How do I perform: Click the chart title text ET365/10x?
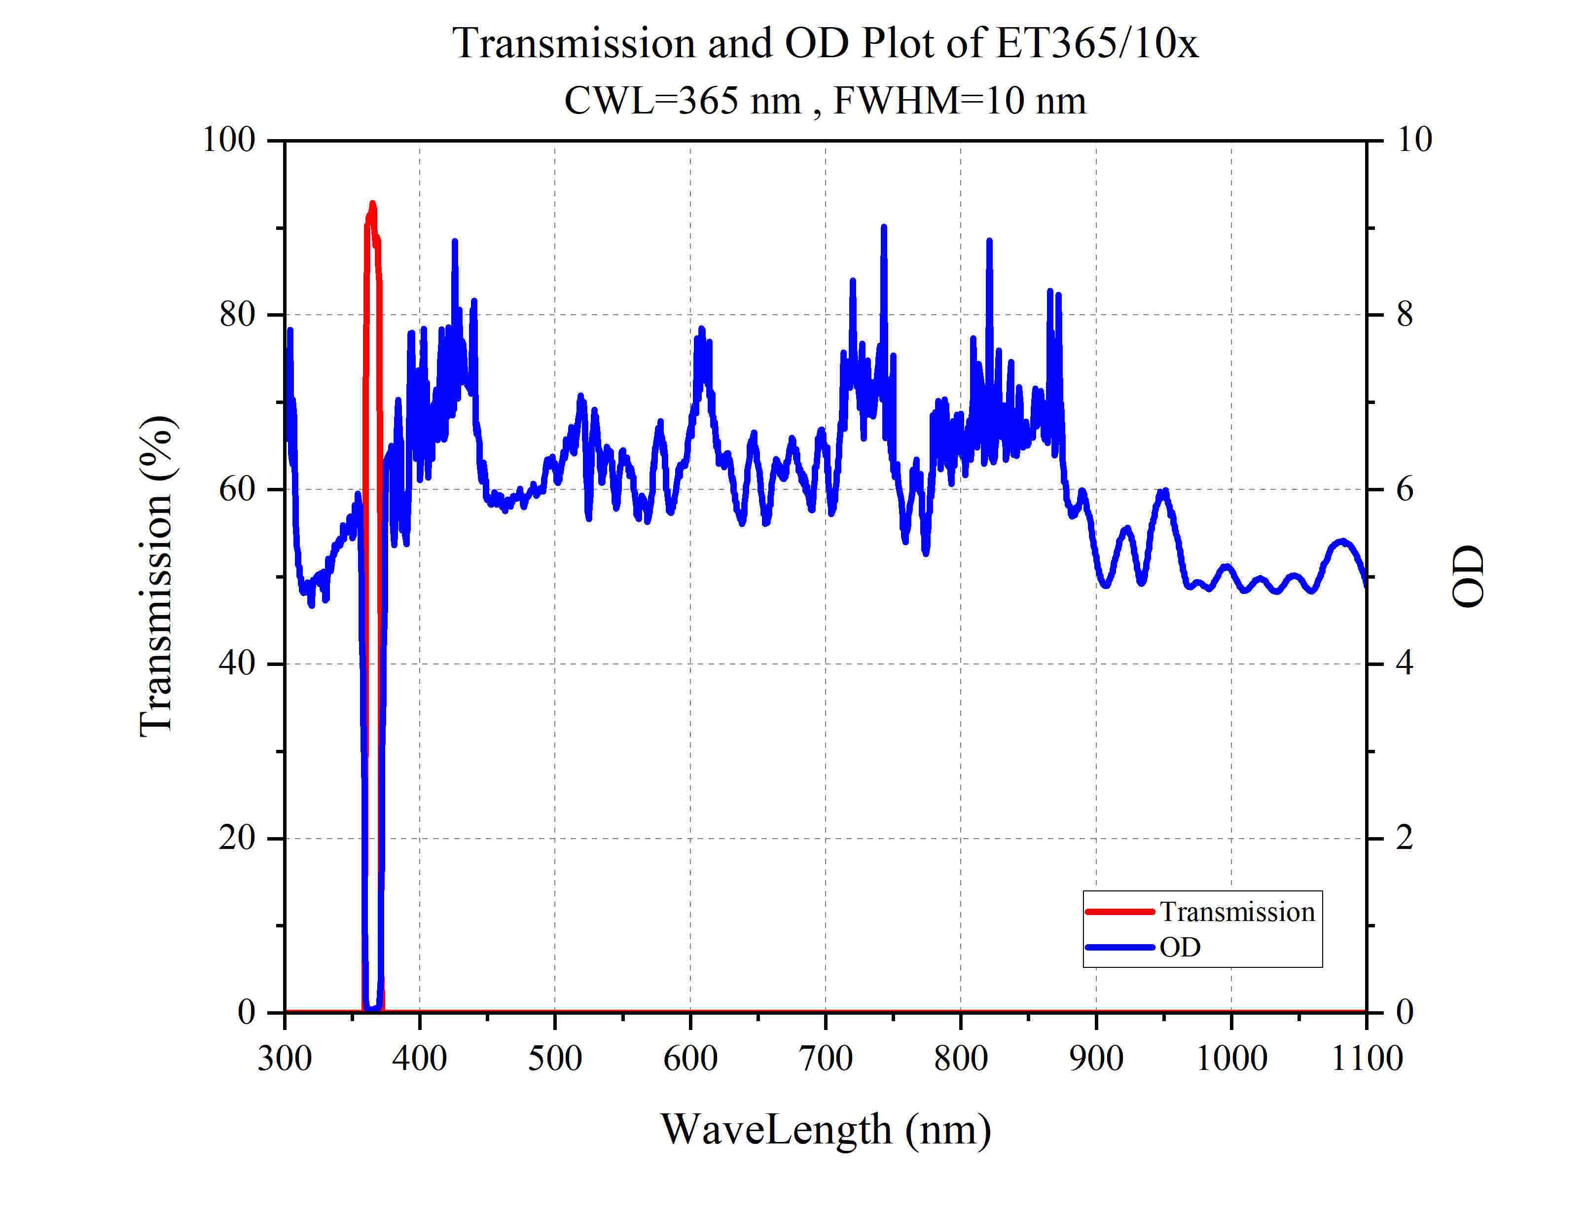1096,43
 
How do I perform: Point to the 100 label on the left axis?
229,140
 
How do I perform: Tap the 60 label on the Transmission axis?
238,490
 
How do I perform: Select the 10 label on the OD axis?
1414,140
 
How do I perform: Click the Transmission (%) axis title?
157,577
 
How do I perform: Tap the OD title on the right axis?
1468,577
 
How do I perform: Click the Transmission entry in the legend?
1236,912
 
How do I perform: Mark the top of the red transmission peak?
373,205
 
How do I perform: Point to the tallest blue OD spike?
883,227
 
